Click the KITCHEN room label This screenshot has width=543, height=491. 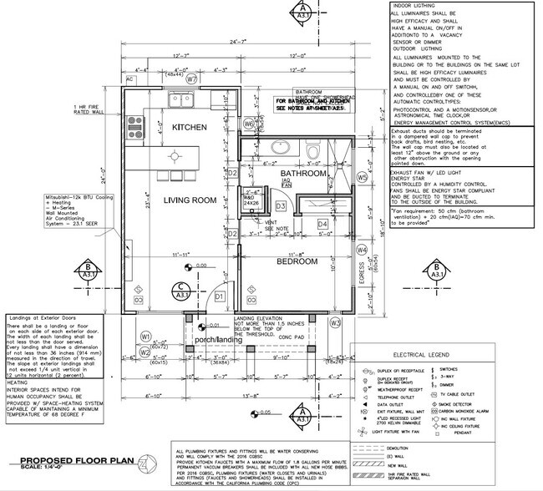tap(190, 127)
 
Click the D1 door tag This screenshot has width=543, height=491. tap(220, 296)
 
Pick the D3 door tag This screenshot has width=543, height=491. tap(282, 205)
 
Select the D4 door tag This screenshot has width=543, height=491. tap(322, 224)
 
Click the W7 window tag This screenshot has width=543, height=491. tap(191, 79)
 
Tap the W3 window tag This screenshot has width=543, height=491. tap(336, 322)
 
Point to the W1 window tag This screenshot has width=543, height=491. tap(145, 337)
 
